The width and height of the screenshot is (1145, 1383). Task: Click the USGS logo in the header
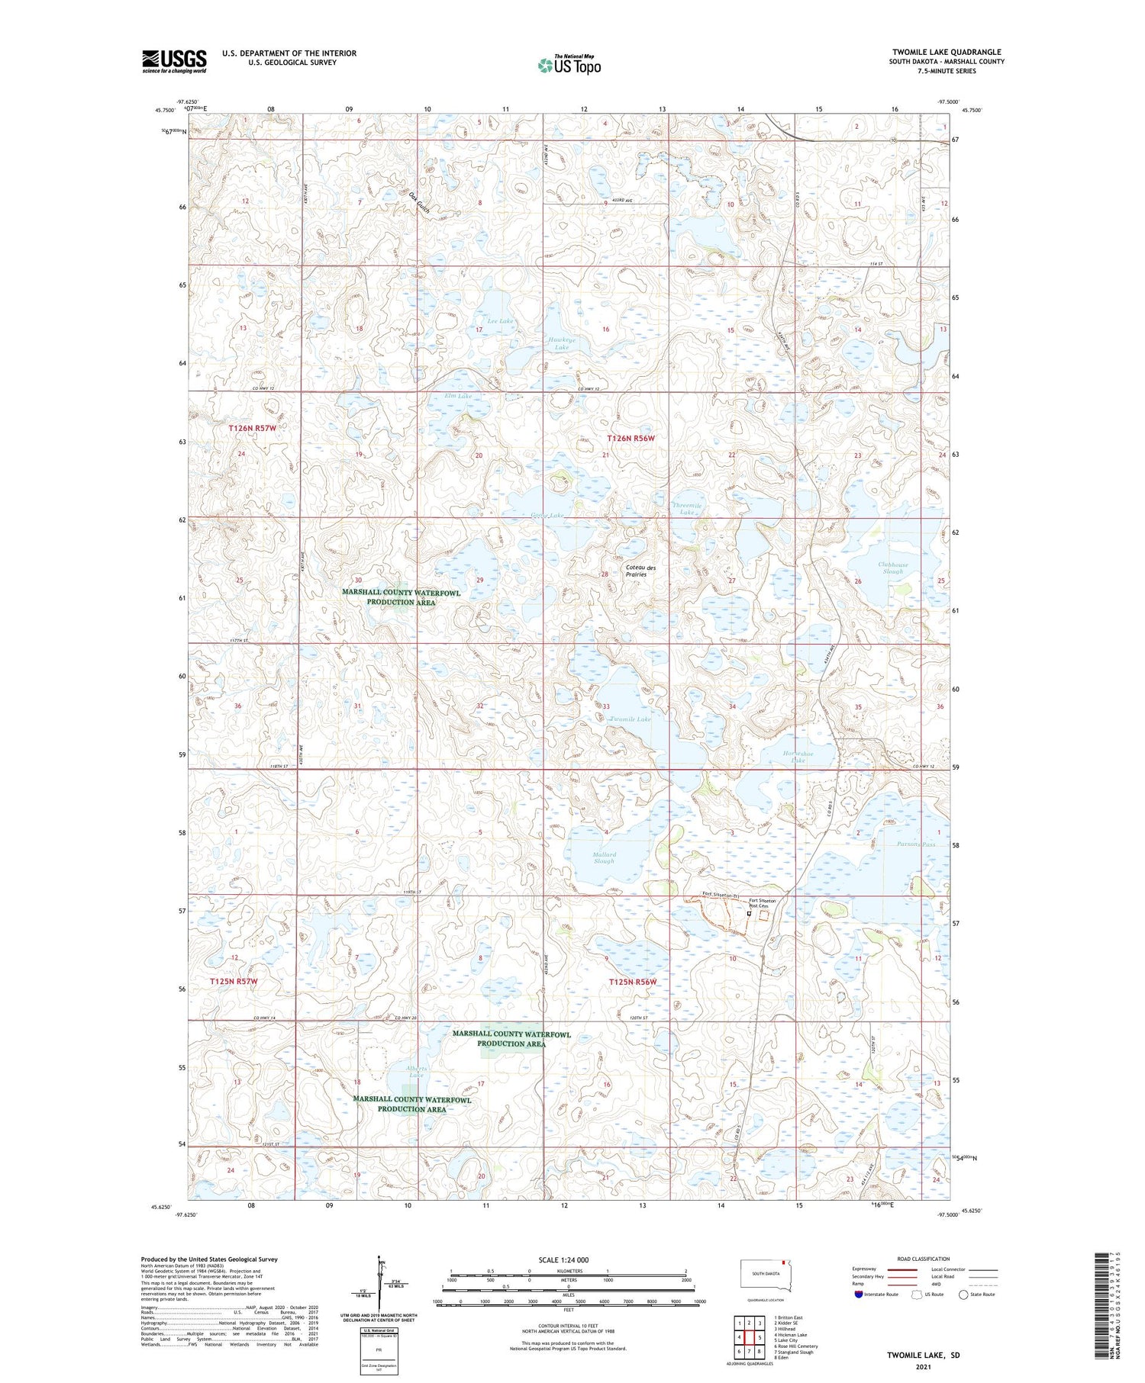pos(174,61)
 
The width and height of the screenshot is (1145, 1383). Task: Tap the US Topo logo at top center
pos(569,65)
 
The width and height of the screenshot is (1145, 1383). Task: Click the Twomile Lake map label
pos(630,719)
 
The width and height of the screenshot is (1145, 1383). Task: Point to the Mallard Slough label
pos(603,857)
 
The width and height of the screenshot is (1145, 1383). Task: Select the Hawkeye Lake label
pos(562,343)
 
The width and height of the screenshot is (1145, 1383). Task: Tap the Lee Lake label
pos(500,321)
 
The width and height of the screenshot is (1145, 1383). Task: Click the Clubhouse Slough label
pos(892,568)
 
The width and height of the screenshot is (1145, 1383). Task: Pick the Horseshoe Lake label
pos(798,757)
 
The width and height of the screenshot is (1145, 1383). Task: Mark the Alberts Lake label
pos(417,1072)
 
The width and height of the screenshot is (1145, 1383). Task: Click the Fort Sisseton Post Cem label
pos(763,903)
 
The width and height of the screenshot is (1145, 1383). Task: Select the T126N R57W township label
pos(252,429)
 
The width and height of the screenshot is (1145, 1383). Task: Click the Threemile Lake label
pos(686,509)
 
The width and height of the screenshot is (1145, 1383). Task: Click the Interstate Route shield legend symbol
pos(858,1295)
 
